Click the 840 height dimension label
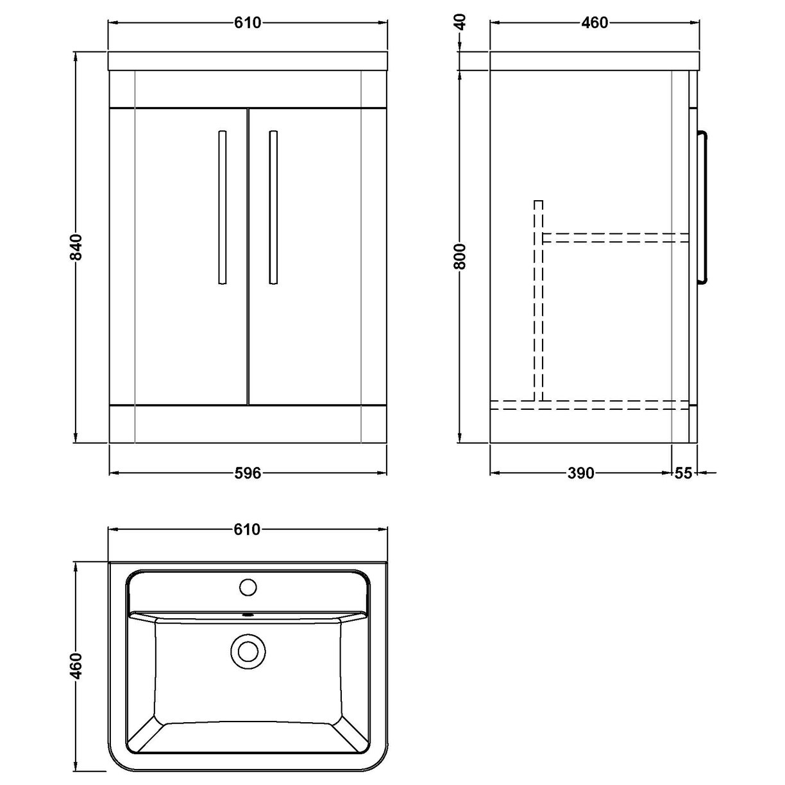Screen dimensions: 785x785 (76, 247)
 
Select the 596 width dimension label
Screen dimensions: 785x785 (248, 473)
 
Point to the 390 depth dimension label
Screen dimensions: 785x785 (581, 473)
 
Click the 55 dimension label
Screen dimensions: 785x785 (684, 473)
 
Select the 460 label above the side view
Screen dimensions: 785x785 (594, 23)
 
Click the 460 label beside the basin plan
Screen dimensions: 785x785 (76, 666)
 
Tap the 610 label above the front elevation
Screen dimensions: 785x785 (248, 23)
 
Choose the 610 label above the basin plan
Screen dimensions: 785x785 (248, 530)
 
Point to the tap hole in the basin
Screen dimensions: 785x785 (248, 586)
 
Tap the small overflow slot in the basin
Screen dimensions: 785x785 (248, 615)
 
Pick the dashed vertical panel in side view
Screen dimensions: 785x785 (539, 301)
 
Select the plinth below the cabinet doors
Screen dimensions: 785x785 (248, 424)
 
